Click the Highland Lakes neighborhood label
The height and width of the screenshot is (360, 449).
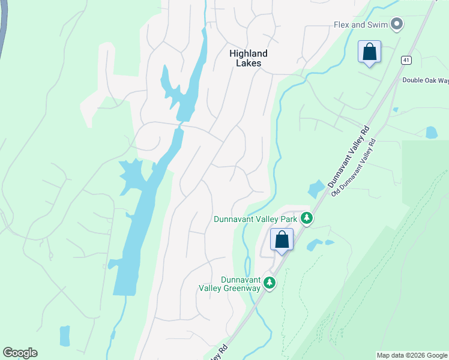248,58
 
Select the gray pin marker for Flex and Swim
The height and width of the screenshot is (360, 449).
396,24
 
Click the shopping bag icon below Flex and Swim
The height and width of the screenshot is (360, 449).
369,52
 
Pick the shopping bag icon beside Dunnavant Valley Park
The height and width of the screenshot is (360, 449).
282,240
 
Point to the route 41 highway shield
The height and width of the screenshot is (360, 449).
406,60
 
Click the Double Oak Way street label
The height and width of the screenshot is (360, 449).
425,80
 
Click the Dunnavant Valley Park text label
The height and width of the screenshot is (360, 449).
256,219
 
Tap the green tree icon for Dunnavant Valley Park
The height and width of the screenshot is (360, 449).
307,218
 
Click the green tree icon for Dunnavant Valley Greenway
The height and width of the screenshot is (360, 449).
270,282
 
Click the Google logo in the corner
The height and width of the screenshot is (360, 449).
20,353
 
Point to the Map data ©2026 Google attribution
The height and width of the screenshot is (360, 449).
412,355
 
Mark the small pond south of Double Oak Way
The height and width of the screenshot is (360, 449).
431,133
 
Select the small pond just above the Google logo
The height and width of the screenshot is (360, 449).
64,336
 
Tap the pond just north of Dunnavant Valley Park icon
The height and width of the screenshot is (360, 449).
315,190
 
